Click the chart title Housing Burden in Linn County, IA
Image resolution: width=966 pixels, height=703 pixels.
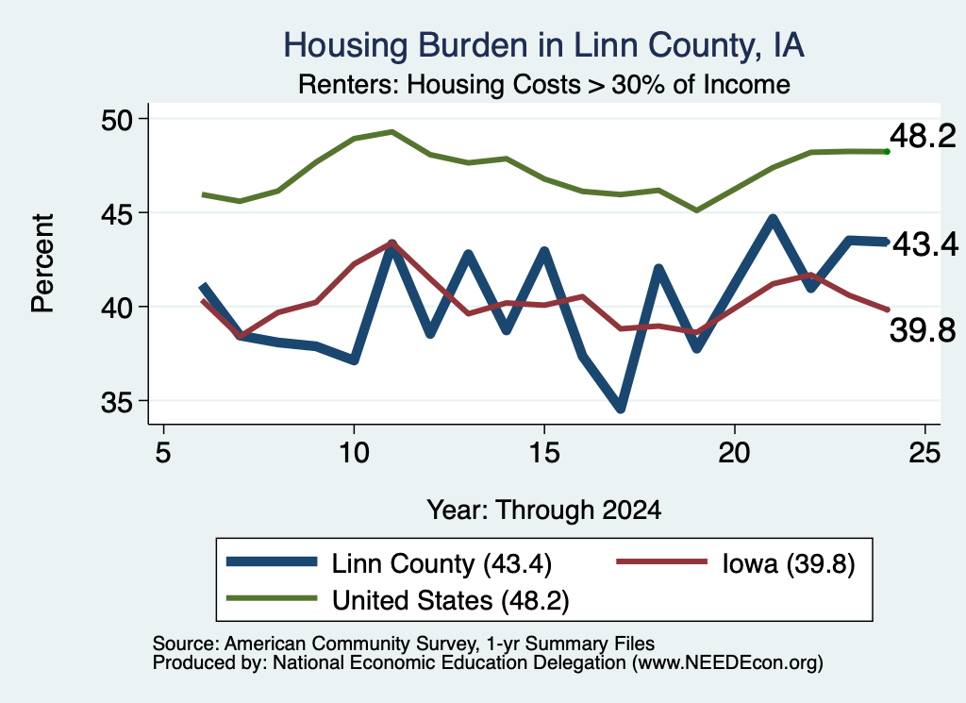pyautogui.click(x=543, y=45)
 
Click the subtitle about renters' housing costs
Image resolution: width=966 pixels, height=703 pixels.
pyautogui.click(x=544, y=84)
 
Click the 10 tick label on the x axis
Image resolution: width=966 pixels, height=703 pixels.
pyautogui.click(x=354, y=453)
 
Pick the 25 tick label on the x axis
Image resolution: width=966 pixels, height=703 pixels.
pyautogui.click(x=924, y=453)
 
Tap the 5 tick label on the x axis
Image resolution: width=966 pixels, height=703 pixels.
pyautogui.click(x=162, y=453)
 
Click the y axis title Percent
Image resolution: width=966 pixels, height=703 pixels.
pyautogui.click(x=43, y=263)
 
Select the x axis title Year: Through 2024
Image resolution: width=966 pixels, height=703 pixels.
pyautogui.click(x=544, y=511)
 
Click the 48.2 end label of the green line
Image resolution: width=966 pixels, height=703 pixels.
pyautogui.click(x=923, y=136)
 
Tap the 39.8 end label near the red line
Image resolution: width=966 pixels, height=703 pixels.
pyautogui.click(x=923, y=331)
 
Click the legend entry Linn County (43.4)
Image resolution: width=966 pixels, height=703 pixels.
pyautogui.click(x=389, y=563)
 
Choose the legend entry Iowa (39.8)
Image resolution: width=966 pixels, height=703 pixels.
pyautogui.click(x=736, y=563)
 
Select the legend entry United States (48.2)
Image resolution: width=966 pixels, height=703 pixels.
pyautogui.click(x=397, y=600)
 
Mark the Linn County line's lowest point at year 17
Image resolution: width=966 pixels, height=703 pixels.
pyautogui.click(x=621, y=408)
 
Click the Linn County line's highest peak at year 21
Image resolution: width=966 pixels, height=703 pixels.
pyautogui.click(x=773, y=218)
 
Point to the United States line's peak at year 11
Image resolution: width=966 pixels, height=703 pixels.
pyautogui.click(x=391, y=131)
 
